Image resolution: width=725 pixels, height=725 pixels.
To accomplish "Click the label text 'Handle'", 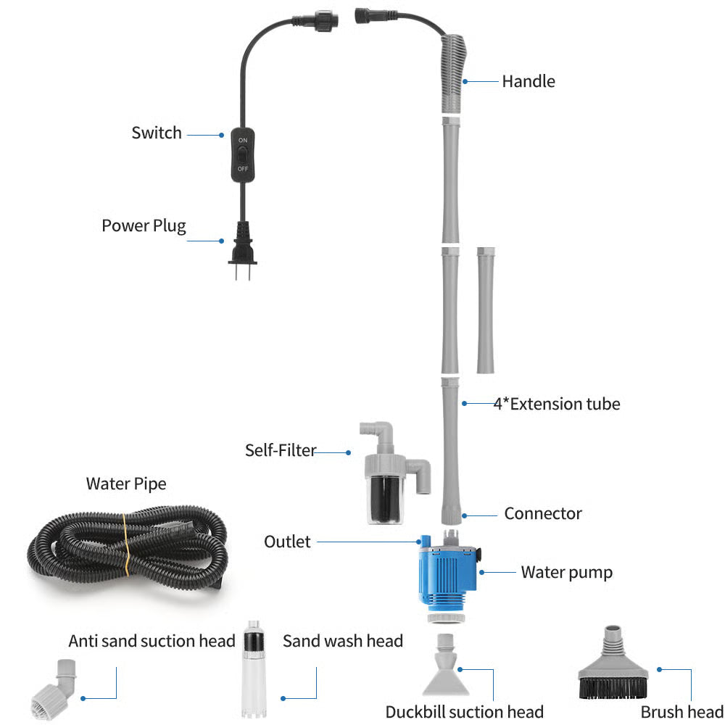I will point(528,81).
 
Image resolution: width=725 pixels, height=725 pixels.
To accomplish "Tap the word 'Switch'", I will point(157,133).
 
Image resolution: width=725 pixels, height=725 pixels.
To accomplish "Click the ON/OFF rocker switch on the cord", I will point(242,154).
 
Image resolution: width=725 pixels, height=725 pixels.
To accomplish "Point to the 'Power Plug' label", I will point(144,225).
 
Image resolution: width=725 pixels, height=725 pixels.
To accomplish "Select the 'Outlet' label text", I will point(287,542).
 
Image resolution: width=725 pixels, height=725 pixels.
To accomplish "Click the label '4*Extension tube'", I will point(556,404).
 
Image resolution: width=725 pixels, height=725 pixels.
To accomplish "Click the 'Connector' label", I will point(543,514).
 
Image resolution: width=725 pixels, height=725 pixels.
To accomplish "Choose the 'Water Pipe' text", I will point(126,484).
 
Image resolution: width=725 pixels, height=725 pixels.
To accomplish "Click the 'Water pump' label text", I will point(566,573).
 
